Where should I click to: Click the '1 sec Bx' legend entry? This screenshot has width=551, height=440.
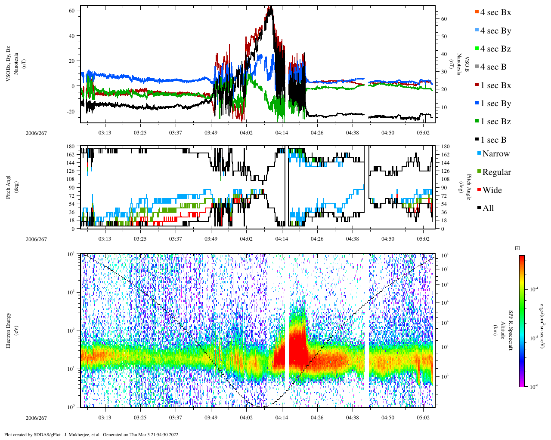495,85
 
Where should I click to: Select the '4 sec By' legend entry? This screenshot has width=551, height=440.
495,31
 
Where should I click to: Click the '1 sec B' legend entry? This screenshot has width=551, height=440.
493,140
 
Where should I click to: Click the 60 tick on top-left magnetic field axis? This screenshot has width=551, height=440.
71,10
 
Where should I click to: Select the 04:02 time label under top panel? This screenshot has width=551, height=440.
246,132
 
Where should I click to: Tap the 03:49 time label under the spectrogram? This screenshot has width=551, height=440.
211,417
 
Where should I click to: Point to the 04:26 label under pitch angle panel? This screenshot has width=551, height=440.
317,238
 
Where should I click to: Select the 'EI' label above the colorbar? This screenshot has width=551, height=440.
518,248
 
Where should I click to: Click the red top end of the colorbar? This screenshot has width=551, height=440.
522,257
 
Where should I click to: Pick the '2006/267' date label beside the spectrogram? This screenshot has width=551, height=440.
36,418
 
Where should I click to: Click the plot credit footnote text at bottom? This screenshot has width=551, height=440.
92,434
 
